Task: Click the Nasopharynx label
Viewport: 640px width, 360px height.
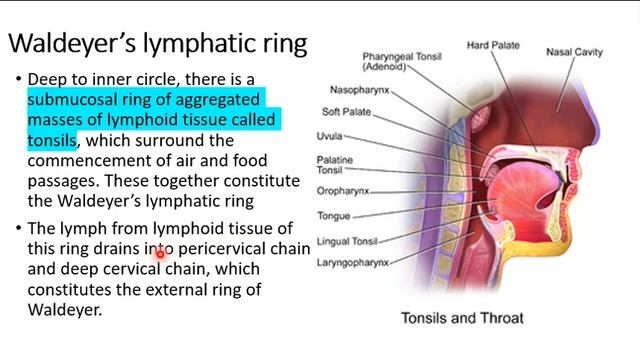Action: pos(358,90)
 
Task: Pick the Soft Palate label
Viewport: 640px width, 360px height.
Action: pos(345,111)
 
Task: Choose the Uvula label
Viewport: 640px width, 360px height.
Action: pos(331,136)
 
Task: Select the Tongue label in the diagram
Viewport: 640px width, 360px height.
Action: pos(334,215)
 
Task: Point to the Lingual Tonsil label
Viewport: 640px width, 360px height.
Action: pos(347,241)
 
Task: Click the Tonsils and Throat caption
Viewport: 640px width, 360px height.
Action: pos(462,319)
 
